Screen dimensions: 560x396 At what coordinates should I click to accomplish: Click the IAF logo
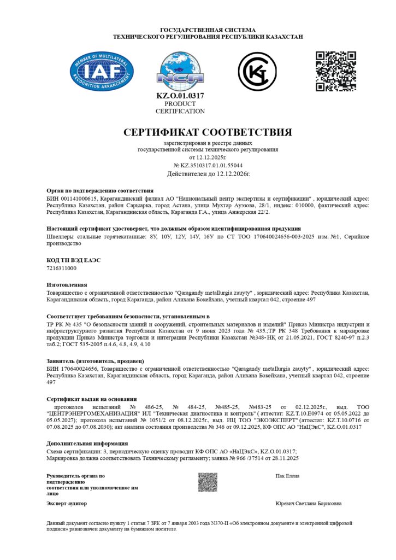[x=102, y=71]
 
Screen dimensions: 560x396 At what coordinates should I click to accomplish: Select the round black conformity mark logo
[x=257, y=71]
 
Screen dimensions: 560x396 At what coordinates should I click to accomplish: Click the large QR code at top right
[x=336, y=71]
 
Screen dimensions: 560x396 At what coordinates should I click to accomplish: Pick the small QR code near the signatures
[x=208, y=482]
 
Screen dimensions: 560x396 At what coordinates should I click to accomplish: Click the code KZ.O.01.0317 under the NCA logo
[x=180, y=96]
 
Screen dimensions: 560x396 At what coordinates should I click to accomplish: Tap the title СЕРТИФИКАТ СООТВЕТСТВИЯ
[x=208, y=132]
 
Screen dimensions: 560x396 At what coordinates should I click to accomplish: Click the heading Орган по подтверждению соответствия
[x=100, y=190]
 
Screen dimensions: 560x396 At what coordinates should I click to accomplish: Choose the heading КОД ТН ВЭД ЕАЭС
[x=74, y=260]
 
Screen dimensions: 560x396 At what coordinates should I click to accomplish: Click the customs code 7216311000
[x=62, y=269]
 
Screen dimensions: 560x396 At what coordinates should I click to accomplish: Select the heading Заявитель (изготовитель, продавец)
[x=95, y=361]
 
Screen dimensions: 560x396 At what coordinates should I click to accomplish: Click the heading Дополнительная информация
[x=87, y=444]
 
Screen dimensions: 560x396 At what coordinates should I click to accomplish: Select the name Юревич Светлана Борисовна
[x=309, y=503]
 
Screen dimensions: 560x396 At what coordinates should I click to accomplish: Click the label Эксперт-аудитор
[x=67, y=503]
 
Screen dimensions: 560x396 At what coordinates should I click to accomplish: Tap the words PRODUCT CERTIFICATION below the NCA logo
[x=180, y=107]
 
